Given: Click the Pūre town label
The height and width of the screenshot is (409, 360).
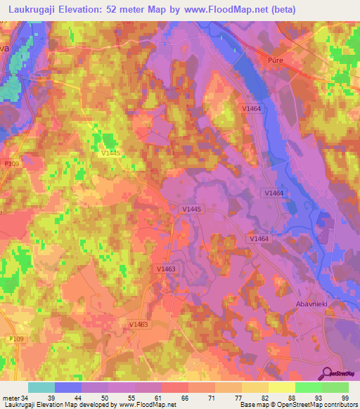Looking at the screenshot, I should pyautogui.click(x=276, y=62).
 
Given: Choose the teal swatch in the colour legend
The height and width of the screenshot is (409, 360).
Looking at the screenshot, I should pyautogui.click(x=41, y=387).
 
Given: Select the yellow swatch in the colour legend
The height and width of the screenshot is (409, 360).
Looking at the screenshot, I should pyautogui.click(x=282, y=387).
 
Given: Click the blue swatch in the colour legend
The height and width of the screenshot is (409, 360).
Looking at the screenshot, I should pyautogui.click(x=68, y=387).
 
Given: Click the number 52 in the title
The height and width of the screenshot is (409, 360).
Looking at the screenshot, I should pyautogui.click(x=112, y=9).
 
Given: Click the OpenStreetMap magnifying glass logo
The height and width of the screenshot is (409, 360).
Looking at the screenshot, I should pyautogui.click(x=326, y=375).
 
